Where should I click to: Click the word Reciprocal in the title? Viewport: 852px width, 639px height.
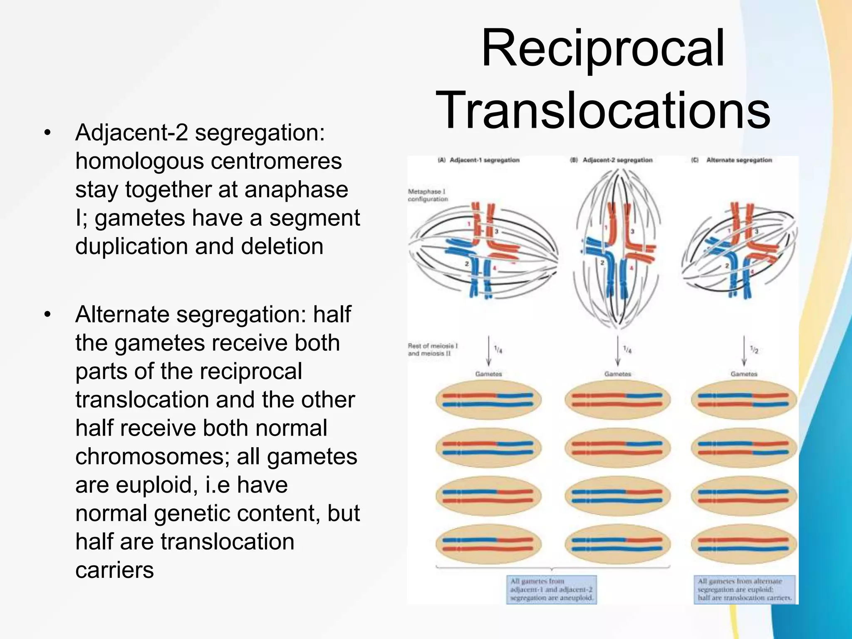(603, 49)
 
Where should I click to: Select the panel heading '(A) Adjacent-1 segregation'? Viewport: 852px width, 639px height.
(479, 160)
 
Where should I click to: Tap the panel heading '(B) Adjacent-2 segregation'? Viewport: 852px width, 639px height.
(611, 160)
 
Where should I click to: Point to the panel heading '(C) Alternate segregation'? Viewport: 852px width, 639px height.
(732, 160)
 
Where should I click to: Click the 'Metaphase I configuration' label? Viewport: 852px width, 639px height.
(428, 196)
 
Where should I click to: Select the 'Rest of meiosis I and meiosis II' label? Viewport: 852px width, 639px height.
(433, 349)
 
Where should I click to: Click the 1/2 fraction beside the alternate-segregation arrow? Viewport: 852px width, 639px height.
(754, 350)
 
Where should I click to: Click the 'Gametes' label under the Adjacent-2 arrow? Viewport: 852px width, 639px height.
(617, 374)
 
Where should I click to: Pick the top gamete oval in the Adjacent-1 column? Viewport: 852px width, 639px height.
(488, 400)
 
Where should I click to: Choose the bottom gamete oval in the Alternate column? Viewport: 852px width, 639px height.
(744, 544)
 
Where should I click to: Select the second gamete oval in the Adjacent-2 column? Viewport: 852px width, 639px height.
(617, 448)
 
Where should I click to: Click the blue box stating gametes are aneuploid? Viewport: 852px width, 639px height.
(552, 589)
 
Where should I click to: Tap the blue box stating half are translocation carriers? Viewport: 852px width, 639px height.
(745, 589)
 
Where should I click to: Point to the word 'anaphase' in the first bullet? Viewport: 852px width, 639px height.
(296, 190)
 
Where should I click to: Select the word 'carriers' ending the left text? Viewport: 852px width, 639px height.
(114, 570)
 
